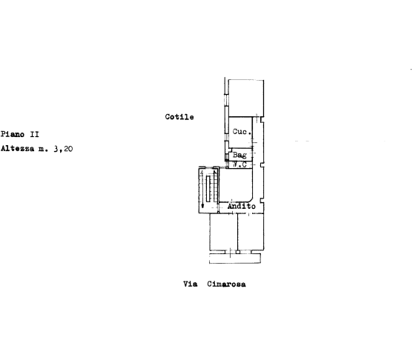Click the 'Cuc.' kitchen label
[x=242, y=132]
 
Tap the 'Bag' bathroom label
[x=239, y=155]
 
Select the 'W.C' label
[x=239, y=164]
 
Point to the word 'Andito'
[x=242, y=206]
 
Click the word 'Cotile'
[x=179, y=117]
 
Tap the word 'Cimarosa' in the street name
[x=226, y=284]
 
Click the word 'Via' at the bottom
[x=190, y=284]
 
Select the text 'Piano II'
[x=20, y=134]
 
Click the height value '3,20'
[x=63, y=149]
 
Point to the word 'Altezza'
[x=17, y=149]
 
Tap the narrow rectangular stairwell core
[x=208, y=189]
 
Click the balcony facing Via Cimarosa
[x=235, y=259]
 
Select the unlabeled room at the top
[x=246, y=99]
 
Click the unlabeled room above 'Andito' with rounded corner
[x=236, y=185]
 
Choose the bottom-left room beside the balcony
[x=224, y=232]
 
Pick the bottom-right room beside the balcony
[x=251, y=232]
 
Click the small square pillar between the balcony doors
[x=238, y=252]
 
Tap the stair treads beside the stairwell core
[x=216, y=186]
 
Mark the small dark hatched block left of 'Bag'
[x=226, y=156]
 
